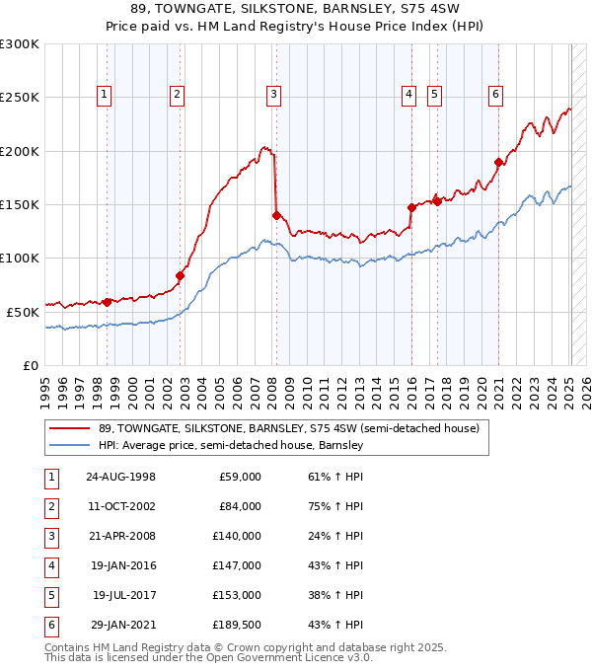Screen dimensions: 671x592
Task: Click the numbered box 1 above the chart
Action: coord(105,95)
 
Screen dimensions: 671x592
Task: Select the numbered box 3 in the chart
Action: coord(273,95)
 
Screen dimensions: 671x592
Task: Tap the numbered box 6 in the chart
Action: coord(495,95)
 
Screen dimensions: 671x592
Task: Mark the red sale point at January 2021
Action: coord(499,163)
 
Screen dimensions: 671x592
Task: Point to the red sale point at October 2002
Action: coord(181,275)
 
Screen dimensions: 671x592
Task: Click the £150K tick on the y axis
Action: coord(20,204)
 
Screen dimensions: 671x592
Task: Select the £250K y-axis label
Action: coord(20,98)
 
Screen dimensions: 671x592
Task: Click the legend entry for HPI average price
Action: coord(231,445)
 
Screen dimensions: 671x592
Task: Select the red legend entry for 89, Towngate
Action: coord(288,428)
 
